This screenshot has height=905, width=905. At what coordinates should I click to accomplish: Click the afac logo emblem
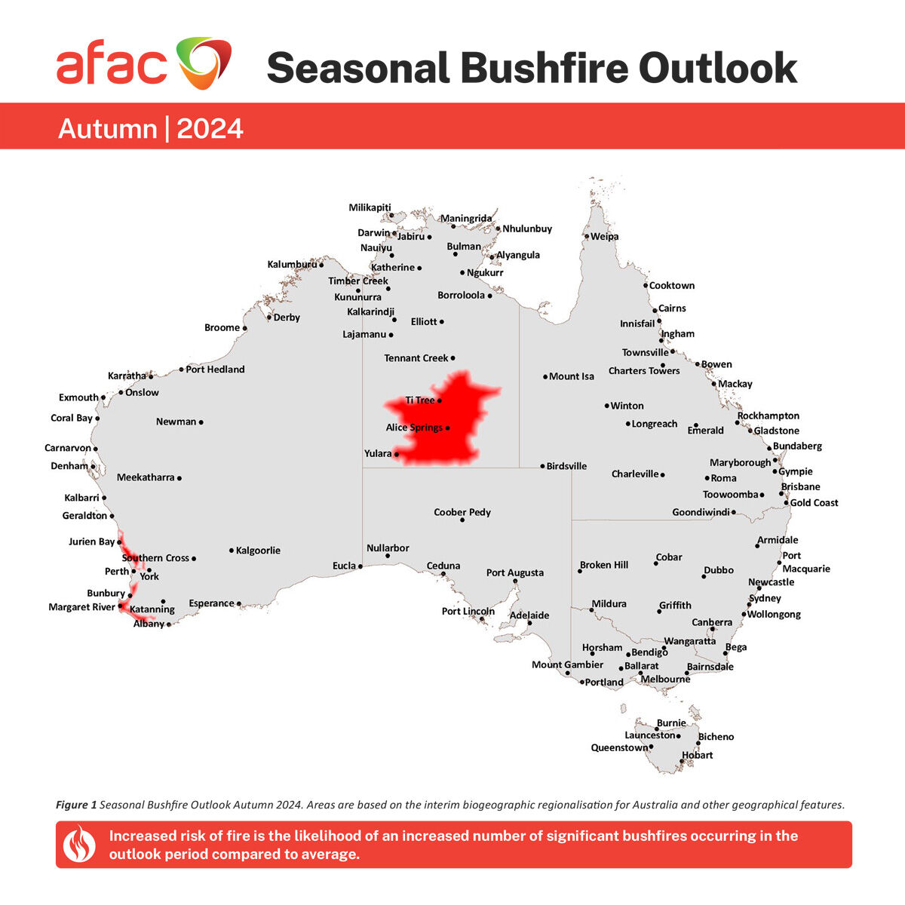tap(204, 63)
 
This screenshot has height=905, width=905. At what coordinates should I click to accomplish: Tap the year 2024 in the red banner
tap(210, 129)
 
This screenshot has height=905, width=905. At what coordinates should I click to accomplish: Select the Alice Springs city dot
tap(448, 428)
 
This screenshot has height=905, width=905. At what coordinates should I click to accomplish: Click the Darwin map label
tap(374, 233)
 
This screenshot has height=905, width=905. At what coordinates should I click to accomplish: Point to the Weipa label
tap(605, 237)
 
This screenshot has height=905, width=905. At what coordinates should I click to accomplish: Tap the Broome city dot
tap(244, 328)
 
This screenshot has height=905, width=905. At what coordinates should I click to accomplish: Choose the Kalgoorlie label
tap(258, 551)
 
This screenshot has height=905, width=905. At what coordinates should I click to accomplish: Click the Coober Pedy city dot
tap(462, 520)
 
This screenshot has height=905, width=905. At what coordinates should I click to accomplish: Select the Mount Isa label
tap(572, 376)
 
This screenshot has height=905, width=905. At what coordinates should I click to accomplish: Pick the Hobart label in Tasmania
tap(697, 755)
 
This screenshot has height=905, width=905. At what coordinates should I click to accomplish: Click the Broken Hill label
tap(604, 565)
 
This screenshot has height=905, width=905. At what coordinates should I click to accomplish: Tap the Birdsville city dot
tap(542, 466)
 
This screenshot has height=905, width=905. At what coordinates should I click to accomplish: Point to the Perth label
tap(117, 572)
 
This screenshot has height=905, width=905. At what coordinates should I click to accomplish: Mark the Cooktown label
tap(672, 286)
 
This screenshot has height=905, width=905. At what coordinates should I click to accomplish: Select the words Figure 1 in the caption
tap(76, 805)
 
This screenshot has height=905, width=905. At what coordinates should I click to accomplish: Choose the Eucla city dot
tap(360, 566)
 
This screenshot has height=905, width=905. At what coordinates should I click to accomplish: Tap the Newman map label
tap(176, 422)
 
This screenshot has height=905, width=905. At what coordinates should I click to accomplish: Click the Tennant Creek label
tap(416, 358)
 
